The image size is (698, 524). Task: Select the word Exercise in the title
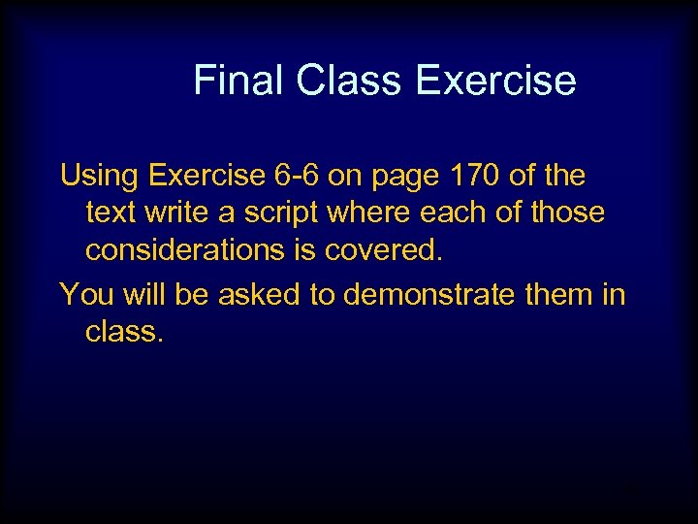(495, 80)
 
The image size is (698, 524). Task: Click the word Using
(100, 176)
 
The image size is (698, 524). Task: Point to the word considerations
(183, 250)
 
